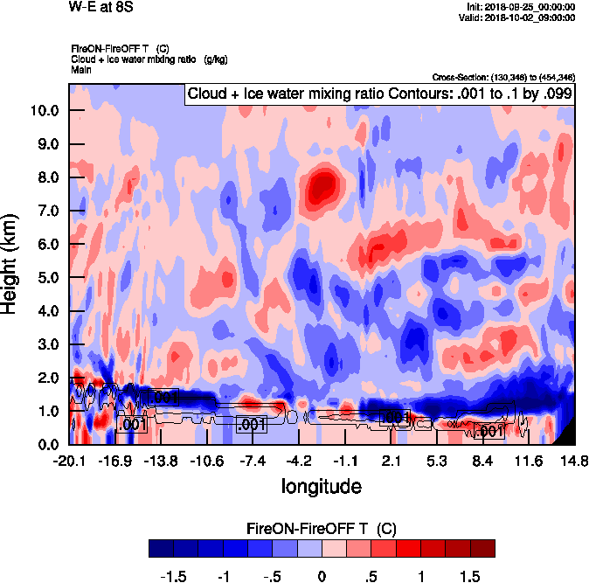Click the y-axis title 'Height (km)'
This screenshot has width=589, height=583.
point(10,264)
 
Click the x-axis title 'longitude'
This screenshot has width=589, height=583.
point(321,483)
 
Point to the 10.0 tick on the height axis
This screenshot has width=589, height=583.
point(45,111)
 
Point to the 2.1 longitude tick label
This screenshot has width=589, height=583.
point(391,461)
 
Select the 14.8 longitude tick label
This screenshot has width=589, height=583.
point(574,461)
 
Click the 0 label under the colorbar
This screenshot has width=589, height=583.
point(322,576)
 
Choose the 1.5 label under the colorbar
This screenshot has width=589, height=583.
point(470,576)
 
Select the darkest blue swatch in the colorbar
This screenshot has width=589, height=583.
point(161,548)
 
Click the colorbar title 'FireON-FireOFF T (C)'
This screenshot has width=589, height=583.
point(322,528)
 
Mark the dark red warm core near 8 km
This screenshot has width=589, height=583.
point(322,185)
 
